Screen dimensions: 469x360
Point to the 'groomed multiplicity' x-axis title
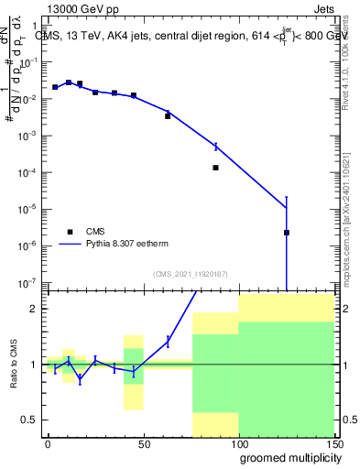pos(287,457)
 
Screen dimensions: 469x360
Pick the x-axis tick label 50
pos(143,442)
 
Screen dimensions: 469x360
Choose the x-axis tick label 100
pos(238,442)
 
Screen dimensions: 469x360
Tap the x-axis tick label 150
pos(333,442)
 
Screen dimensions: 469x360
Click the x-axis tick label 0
pos(48,442)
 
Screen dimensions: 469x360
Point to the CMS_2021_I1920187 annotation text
pos(190,273)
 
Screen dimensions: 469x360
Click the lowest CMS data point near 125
pos(287,233)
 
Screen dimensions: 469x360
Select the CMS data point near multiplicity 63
pos(168,116)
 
